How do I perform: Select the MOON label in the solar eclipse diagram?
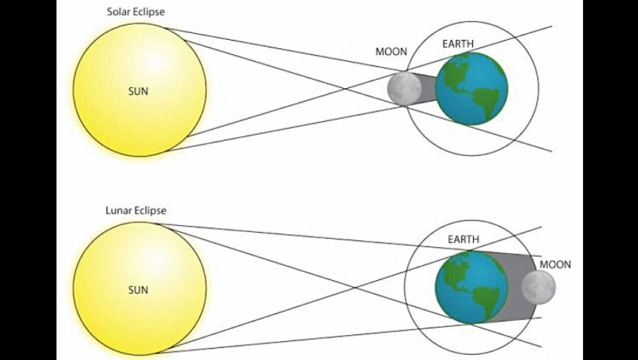(391, 52)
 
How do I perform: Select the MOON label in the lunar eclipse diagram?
(555, 264)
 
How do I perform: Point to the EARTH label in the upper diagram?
(457, 44)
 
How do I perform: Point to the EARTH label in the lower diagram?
(463, 239)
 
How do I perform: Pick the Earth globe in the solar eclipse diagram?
(472, 87)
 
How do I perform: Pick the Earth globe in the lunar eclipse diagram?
(472, 287)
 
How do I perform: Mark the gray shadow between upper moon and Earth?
(427, 88)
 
